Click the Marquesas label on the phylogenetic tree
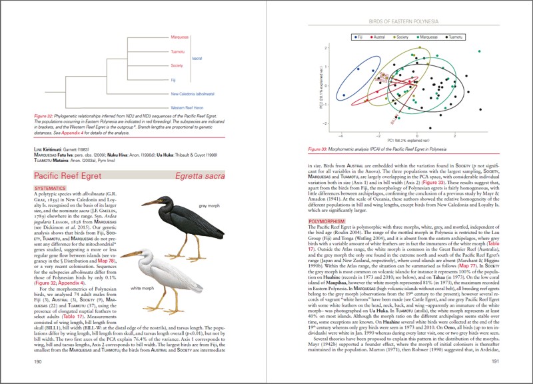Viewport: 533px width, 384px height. click(x=180, y=37)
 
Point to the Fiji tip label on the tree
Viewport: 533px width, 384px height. click(x=175, y=79)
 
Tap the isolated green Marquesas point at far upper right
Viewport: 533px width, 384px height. click(x=479, y=51)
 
